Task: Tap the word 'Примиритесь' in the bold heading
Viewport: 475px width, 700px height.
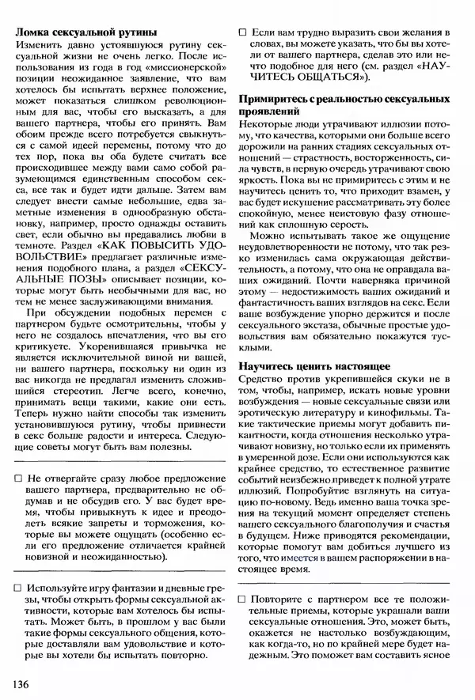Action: point(277,99)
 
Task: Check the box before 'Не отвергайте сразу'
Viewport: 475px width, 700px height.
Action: point(19,479)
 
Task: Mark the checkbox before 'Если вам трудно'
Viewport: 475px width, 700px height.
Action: point(243,33)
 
